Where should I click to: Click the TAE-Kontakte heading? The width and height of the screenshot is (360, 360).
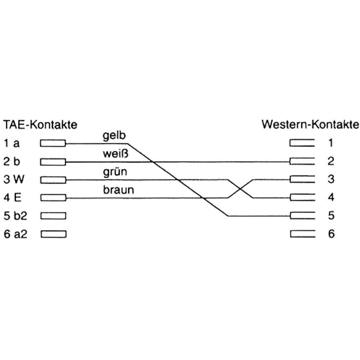40,125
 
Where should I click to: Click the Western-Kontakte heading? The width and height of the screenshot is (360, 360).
310,125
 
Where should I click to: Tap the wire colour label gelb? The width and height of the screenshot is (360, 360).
114,136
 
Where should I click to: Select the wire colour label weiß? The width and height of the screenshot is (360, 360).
116,154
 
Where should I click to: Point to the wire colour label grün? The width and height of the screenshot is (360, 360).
115,172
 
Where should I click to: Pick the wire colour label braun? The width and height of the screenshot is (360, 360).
118,190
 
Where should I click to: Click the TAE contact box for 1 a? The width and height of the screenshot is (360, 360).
53,143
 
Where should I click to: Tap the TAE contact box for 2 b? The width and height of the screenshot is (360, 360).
53,162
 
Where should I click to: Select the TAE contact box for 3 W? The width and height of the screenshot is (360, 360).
53,180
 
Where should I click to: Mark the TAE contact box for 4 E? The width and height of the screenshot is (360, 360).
53,198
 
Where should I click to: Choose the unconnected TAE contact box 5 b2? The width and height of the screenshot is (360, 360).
53,216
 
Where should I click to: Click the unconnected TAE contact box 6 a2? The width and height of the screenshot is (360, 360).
54,234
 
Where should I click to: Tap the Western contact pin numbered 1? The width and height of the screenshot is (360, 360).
302,143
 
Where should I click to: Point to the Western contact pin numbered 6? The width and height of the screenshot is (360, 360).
303,234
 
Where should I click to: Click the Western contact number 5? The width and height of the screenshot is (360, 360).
331,215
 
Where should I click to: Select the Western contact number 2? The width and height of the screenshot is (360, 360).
330,161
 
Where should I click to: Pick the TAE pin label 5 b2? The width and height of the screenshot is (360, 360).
15,216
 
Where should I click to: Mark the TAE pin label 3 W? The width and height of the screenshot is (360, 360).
14,180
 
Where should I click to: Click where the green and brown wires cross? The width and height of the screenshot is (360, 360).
240,189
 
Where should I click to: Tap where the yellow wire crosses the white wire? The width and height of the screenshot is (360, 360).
153,162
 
